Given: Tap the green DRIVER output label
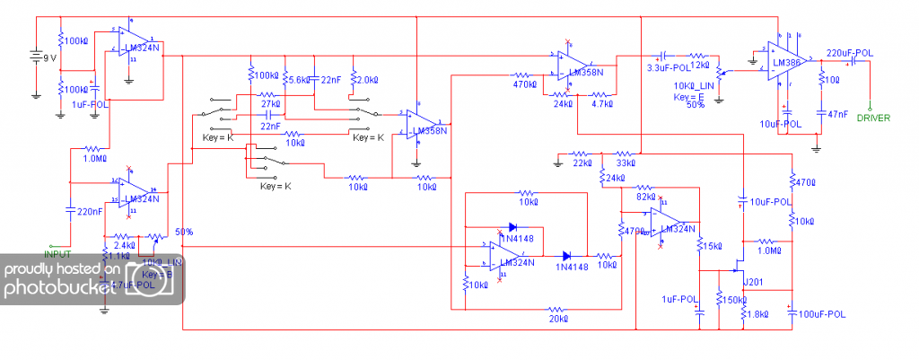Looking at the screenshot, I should click(872, 118).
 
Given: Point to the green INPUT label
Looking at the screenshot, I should click(57, 255).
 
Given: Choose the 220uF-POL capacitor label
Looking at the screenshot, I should click(849, 53).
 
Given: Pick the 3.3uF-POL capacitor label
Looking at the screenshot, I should click(668, 66).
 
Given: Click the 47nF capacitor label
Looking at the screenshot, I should click(836, 113).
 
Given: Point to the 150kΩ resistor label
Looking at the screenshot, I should click(734, 300).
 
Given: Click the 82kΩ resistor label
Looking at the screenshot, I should click(644, 196).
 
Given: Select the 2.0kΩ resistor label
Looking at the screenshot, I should click(368, 79).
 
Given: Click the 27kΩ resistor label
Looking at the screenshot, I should click(272, 105).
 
